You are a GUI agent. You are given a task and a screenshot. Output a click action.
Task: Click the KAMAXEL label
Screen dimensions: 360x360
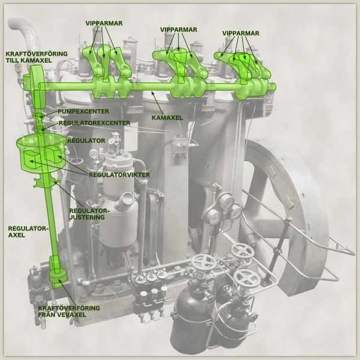pyautogui.click(x=167, y=118)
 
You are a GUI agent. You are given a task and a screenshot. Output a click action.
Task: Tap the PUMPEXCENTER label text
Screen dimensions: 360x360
pyautogui.click(x=84, y=111)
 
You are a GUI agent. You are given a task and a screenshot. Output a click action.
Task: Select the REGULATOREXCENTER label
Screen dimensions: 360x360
pyautogui.click(x=95, y=123)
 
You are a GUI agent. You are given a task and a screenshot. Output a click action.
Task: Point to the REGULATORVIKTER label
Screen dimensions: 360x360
pyautogui.click(x=119, y=175)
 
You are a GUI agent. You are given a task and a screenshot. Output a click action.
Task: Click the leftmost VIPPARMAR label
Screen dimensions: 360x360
pyautogui.click(x=104, y=23)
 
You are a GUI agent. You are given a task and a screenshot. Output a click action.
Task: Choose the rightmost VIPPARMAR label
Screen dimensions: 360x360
pyautogui.click(x=240, y=33)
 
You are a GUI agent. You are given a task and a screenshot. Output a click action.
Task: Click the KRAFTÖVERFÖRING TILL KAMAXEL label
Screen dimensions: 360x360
pyautogui.click(x=37, y=57)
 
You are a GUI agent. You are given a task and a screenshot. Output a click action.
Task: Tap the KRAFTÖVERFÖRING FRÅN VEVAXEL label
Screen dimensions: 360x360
pyautogui.click(x=69, y=311)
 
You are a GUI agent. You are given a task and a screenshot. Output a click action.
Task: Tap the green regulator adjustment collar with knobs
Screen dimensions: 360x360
pyautogui.click(x=46, y=182)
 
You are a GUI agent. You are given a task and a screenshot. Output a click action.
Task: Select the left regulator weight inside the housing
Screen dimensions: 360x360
pyautogui.click(x=31, y=160)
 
